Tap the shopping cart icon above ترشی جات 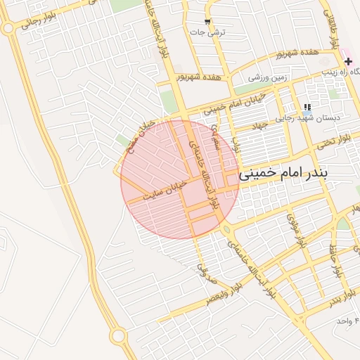(x=207, y=22)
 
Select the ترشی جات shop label (x=210, y=32)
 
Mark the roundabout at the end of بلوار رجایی (x=8, y=28)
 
